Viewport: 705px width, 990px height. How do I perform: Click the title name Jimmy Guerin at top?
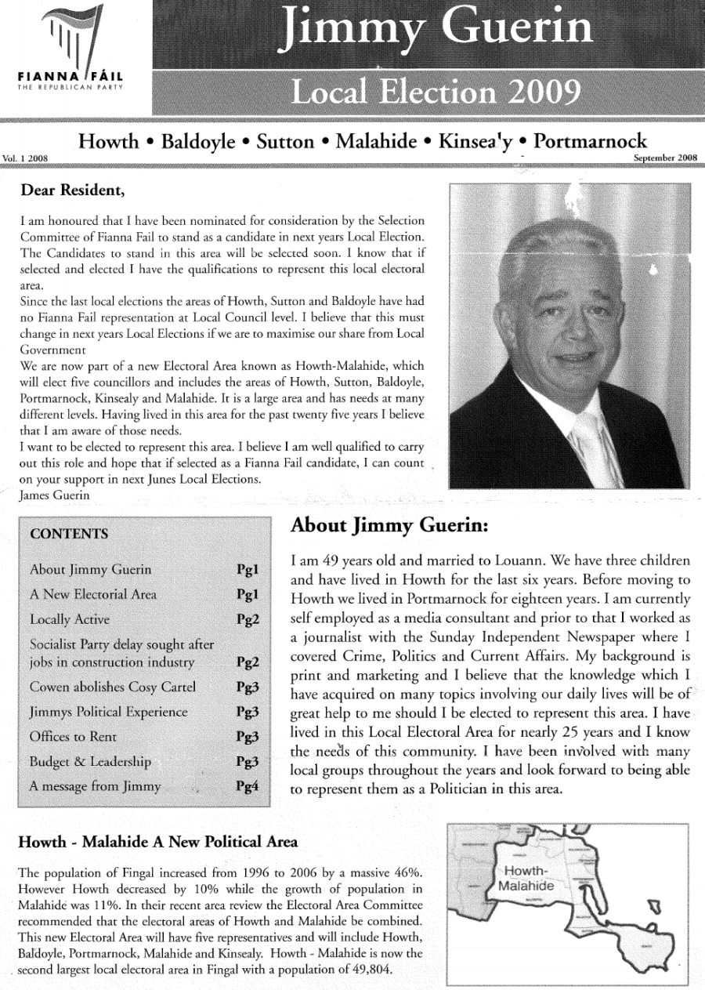441,29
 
